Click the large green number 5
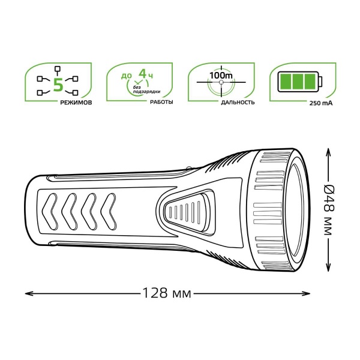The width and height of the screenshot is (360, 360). (x=58, y=85)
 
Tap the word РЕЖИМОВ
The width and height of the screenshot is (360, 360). (x=76, y=103)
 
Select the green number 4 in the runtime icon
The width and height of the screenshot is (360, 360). (x=143, y=73)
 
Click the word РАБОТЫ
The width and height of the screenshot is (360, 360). (x=161, y=102)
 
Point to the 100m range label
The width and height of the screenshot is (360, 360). (x=221, y=76)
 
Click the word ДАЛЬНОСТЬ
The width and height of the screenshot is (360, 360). (x=238, y=103)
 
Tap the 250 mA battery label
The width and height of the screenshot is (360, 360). (x=321, y=103)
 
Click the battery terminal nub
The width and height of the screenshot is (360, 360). (x=320, y=82)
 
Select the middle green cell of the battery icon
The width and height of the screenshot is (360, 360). (x=298, y=82)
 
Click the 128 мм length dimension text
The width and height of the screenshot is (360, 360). (x=167, y=293)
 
